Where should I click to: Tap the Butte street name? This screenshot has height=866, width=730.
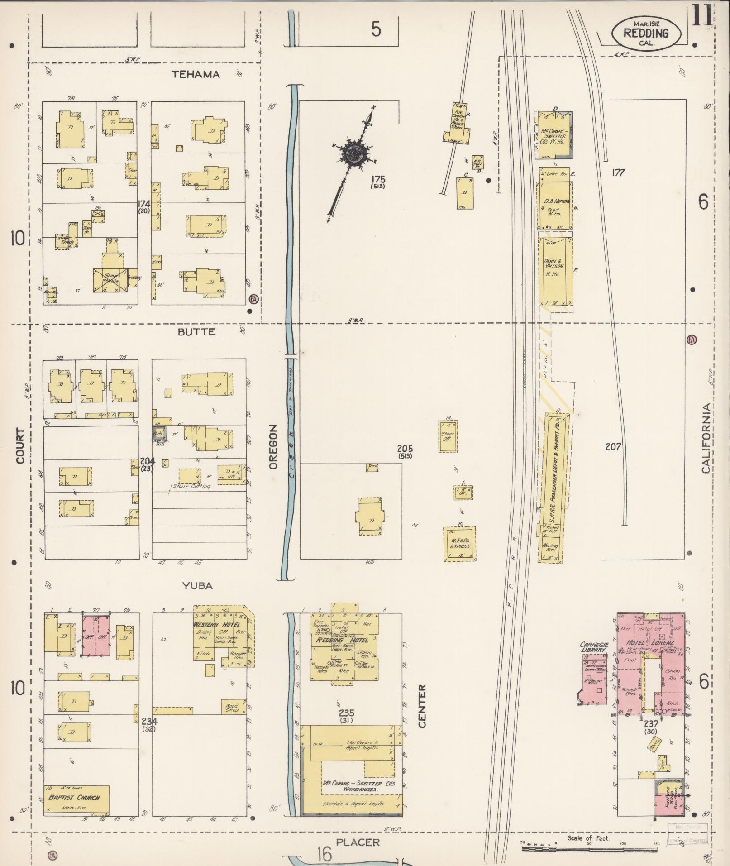(x=196, y=332)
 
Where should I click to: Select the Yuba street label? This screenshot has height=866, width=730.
(x=197, y=586)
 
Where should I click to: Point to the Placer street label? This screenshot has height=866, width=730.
(x=358, y=842)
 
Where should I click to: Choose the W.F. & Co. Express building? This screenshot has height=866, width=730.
(x=459, y=543)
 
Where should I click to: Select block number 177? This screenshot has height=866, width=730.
(x=618, y=172)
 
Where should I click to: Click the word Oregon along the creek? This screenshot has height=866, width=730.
(x=272, y=447)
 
